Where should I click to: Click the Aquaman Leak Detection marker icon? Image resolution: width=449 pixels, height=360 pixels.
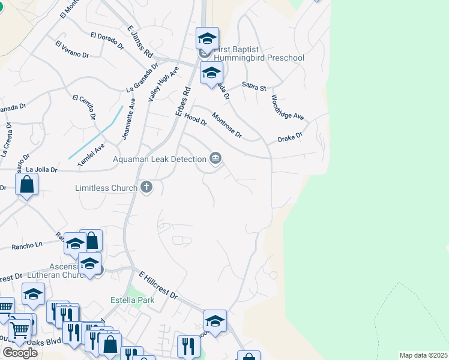[215, 158]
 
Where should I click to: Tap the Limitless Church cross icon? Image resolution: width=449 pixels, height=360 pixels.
[146, 188]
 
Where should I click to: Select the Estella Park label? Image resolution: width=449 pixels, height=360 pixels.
[132, 300]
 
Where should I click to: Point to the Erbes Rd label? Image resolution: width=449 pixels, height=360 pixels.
[182, 102]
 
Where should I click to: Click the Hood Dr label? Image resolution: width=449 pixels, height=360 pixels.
[196, 119]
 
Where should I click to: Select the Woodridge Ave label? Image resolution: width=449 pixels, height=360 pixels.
[288, 107]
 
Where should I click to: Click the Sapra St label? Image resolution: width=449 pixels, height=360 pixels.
[254, 87]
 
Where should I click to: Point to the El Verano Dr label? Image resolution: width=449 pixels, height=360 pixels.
[72, 49]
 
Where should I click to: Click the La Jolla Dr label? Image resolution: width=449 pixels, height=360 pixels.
[41, 170]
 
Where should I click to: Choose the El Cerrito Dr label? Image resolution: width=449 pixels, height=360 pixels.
[85, 106]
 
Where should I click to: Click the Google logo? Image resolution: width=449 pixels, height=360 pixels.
[20, 353]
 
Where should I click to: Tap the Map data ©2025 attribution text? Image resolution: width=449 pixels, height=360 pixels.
[423, 355]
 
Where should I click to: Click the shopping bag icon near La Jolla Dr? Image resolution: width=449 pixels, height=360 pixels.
[27, 185]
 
